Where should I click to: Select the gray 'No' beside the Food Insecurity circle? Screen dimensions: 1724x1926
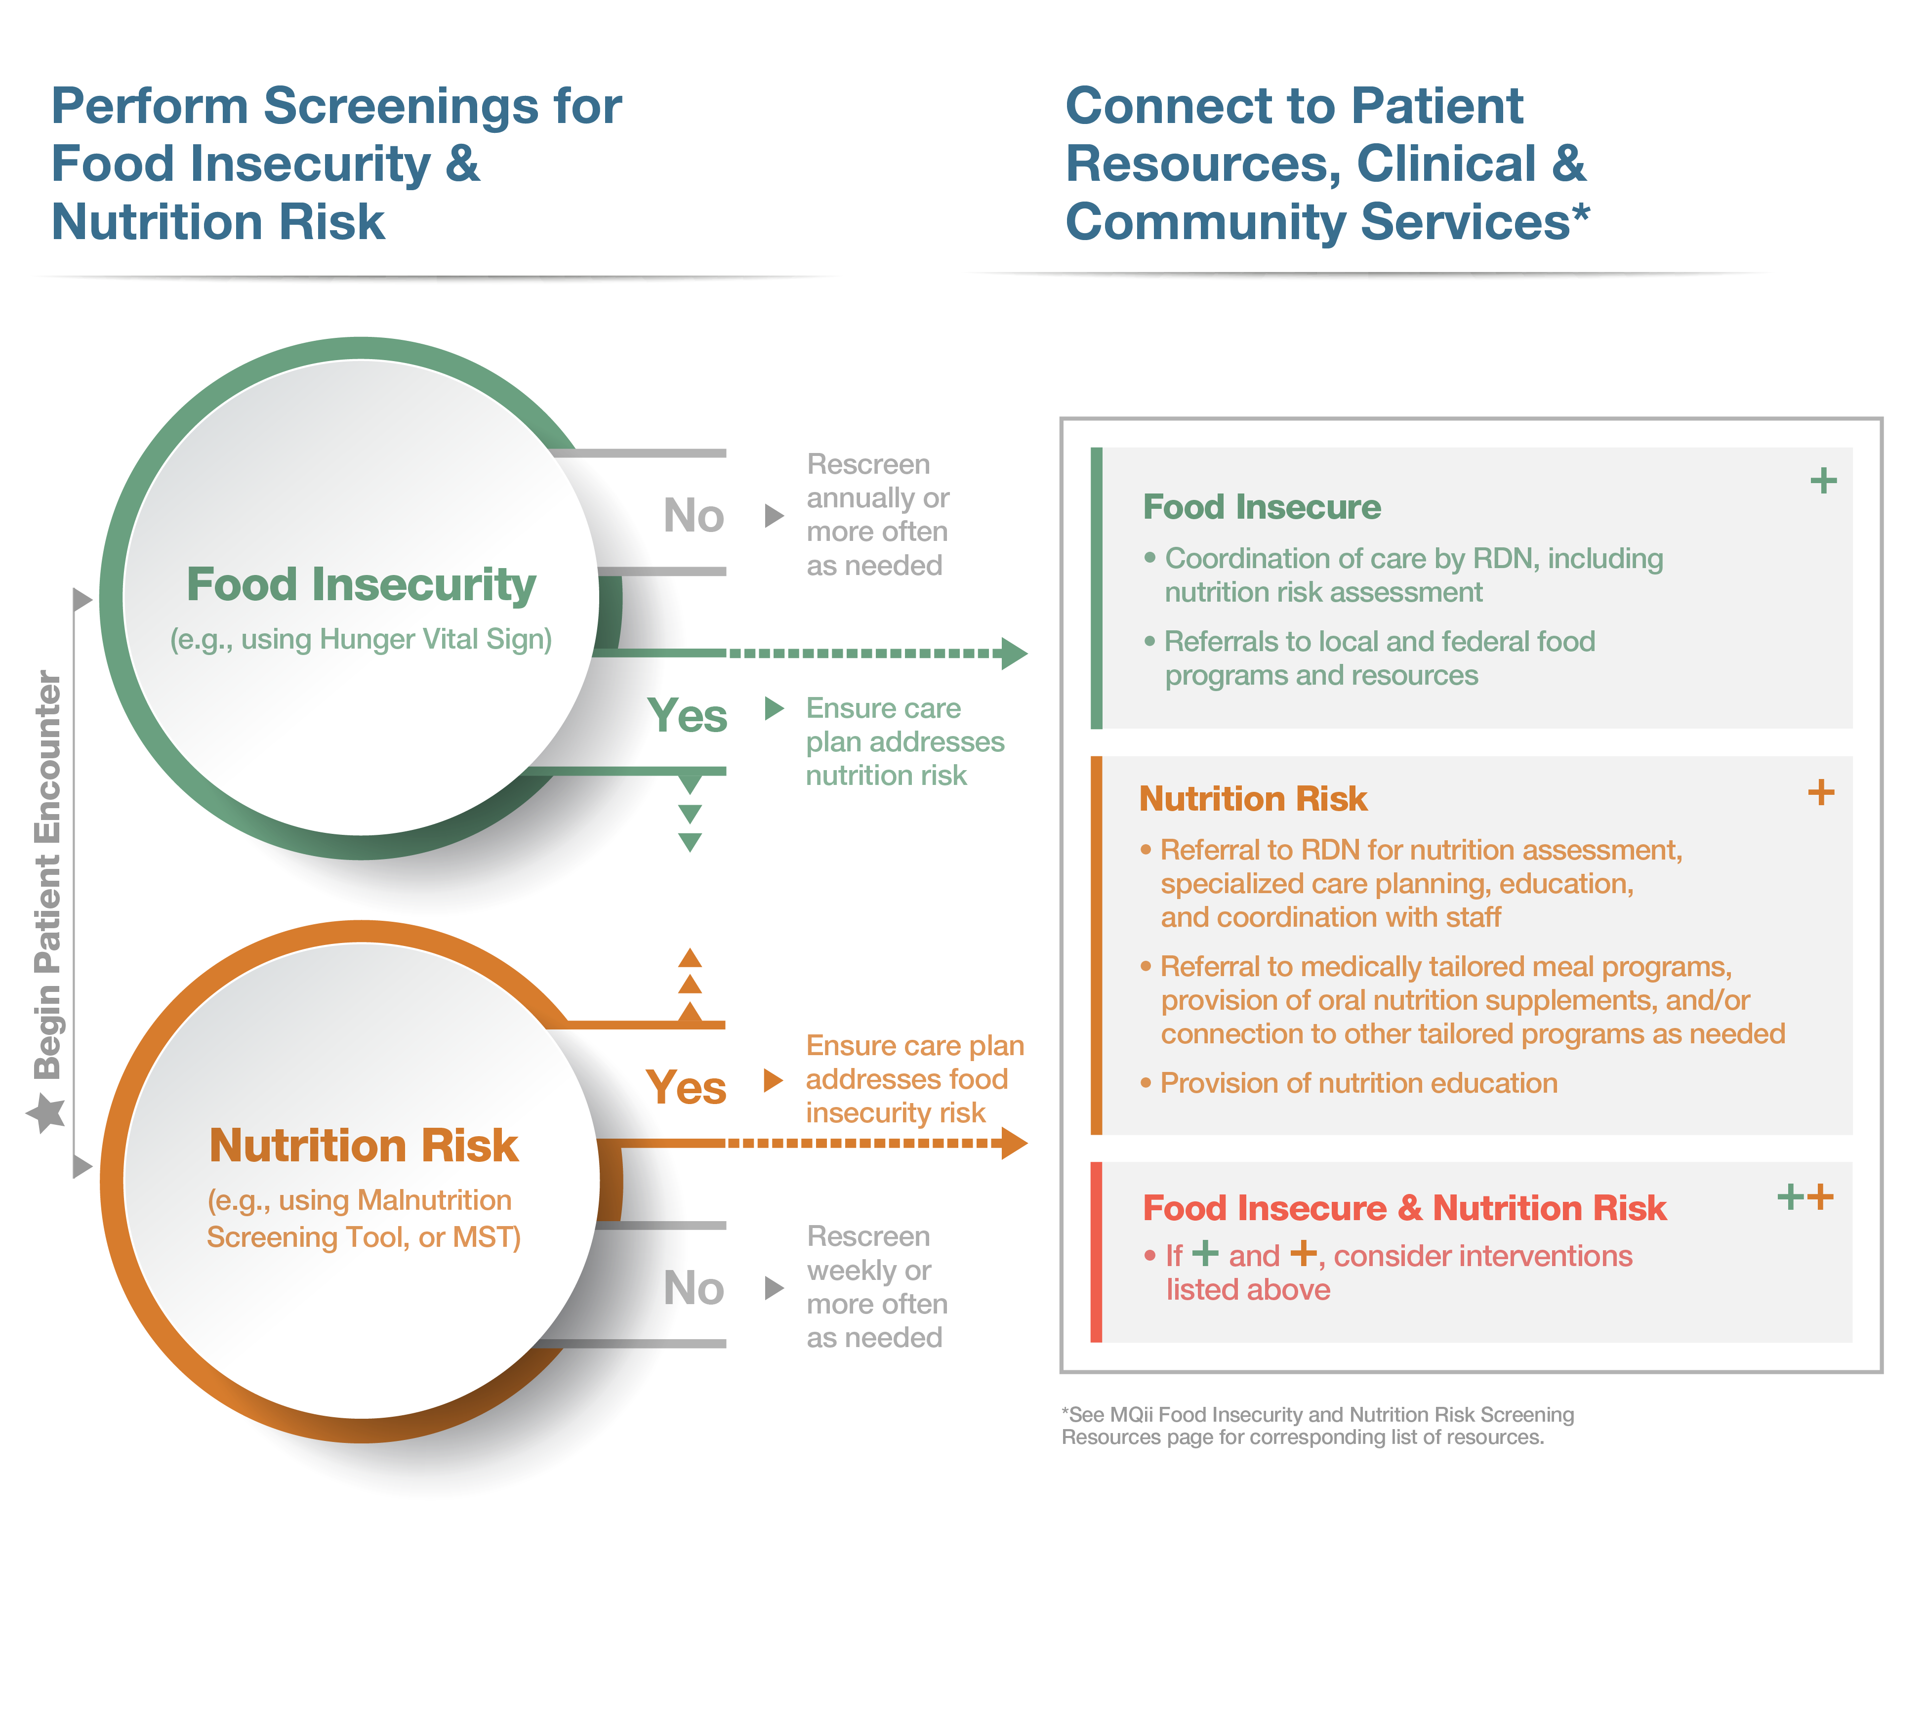click(694, 516)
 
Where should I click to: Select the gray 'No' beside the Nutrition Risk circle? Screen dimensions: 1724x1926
click(694, 1288)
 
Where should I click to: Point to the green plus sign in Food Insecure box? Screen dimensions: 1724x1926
click(1823, 481)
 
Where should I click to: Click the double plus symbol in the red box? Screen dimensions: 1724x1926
click(1805, 1197)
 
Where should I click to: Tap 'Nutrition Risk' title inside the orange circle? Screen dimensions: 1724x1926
click(363, 1146)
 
